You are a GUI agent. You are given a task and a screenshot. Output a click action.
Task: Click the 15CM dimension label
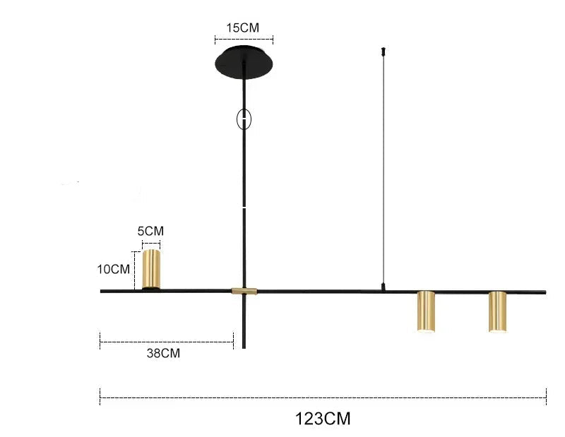click(x=242, y=28)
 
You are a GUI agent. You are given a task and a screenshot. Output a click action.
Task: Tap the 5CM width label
click(x=150, y=231)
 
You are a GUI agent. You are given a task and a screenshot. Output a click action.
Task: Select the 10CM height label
click(x=114, y=269)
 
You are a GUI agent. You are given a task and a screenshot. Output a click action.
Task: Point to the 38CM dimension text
click(x=163, y=353)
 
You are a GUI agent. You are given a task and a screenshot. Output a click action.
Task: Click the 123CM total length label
click(x=323, y=419)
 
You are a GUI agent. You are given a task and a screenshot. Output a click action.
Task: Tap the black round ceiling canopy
click(x=244, y=61)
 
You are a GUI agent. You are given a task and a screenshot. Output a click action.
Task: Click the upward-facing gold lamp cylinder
click(x=151, y=269)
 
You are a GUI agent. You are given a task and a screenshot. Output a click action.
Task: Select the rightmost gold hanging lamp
click(x=498, y=311)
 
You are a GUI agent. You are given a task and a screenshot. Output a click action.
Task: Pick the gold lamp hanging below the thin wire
click(x=427, y=311)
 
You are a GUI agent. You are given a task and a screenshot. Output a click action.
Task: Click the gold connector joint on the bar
click(x=244, y=291)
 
